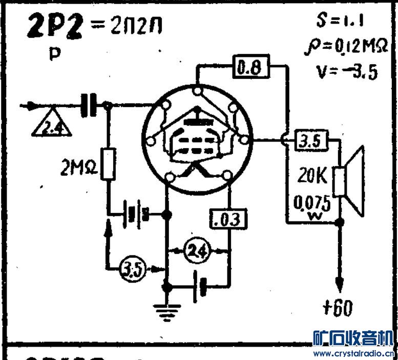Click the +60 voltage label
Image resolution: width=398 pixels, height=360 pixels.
[x=338, y=309]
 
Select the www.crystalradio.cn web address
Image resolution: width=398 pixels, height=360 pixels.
[x=353, y=354]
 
